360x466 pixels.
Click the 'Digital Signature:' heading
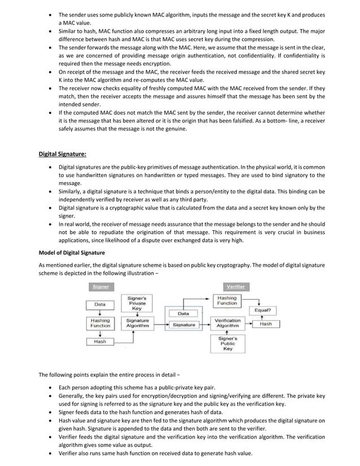point(62,153)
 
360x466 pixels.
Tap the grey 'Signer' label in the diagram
point(100,287)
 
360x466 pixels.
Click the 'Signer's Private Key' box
point(137,304)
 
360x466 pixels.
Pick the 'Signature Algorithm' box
point(137,323)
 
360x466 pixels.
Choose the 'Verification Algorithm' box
point(227,323)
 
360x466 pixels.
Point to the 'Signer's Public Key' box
point(227,344)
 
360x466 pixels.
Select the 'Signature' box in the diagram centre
point(184,325)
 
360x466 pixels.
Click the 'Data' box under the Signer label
point(100,304)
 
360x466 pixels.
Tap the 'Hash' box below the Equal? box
point(266,324)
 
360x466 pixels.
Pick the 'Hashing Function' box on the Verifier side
point(227,300)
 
